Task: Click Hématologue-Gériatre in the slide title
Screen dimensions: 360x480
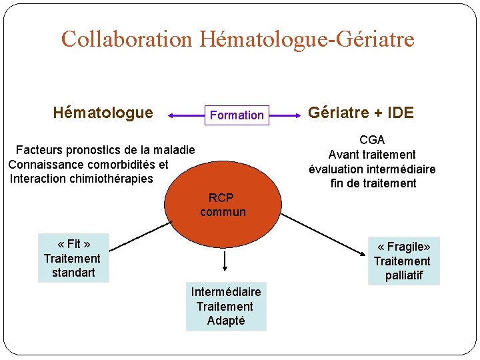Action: pos(306,39)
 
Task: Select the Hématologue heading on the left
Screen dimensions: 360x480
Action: pos(103,113)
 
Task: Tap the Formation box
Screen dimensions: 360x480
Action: pos(237,115)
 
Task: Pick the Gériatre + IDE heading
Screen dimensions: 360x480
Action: pos(361,113)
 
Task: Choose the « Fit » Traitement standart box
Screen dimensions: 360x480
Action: pos(73,258)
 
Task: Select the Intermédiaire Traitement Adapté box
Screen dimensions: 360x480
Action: pos(225,306)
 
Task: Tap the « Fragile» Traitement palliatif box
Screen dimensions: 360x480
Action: pos(403,261)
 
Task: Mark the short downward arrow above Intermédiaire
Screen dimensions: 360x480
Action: pos(225,261)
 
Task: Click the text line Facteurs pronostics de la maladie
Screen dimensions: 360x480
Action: pos(105,150)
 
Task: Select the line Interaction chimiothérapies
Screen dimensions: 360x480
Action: pos(81,178)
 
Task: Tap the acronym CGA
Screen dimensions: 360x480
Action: pos(372,140)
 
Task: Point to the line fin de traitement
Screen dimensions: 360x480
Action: pos(373,183)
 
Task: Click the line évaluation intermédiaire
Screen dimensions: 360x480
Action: pos(372,169)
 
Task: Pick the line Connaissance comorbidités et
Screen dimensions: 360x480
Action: pos(88,164)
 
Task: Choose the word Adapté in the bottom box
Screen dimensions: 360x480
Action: pos(226,321)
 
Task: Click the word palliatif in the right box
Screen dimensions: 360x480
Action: pos(404,275)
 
